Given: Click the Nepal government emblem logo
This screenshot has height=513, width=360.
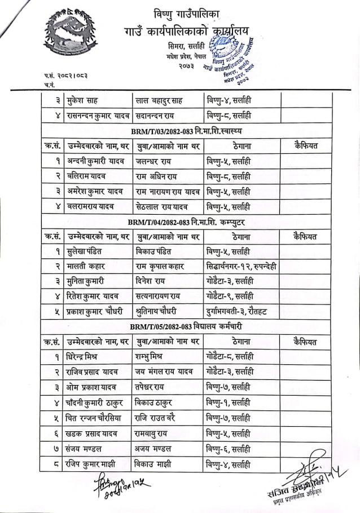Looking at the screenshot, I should [69, 36].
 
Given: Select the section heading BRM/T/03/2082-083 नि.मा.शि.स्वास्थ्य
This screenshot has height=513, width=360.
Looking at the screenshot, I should [192, 131].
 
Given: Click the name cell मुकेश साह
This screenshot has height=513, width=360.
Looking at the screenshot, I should [84, 101].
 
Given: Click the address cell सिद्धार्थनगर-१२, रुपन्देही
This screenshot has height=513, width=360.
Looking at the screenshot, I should [240, 266].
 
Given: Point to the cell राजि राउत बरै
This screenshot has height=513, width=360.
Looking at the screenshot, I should [161, 418].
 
